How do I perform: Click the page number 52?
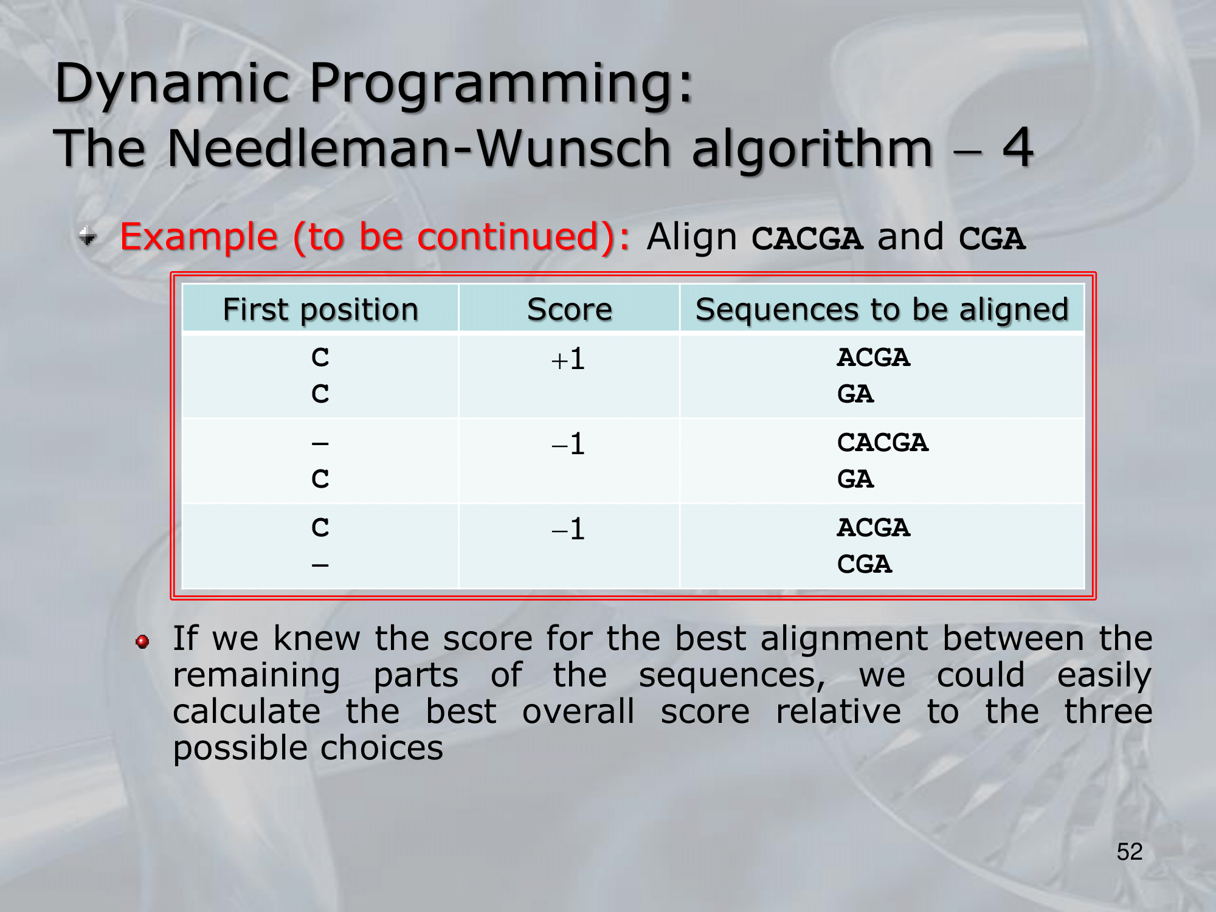click(x=1130, y=852)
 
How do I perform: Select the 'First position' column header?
click(x=321, y=309)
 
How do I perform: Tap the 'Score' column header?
click(x=570, y=309)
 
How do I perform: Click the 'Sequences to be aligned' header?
click(x=882, y=309)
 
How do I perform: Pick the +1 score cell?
click(x=568, y=359)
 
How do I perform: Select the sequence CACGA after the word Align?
click(x=807, y=238)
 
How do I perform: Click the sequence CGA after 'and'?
click(x=992, y=238)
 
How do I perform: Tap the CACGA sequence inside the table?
click(x=883, y=443)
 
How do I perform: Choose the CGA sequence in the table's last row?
click(x=865, y=564)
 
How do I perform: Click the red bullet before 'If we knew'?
click(x=142, y=641)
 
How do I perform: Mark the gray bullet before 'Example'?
click(x=88, y=236)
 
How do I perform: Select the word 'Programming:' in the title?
click(x=502, y=84)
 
